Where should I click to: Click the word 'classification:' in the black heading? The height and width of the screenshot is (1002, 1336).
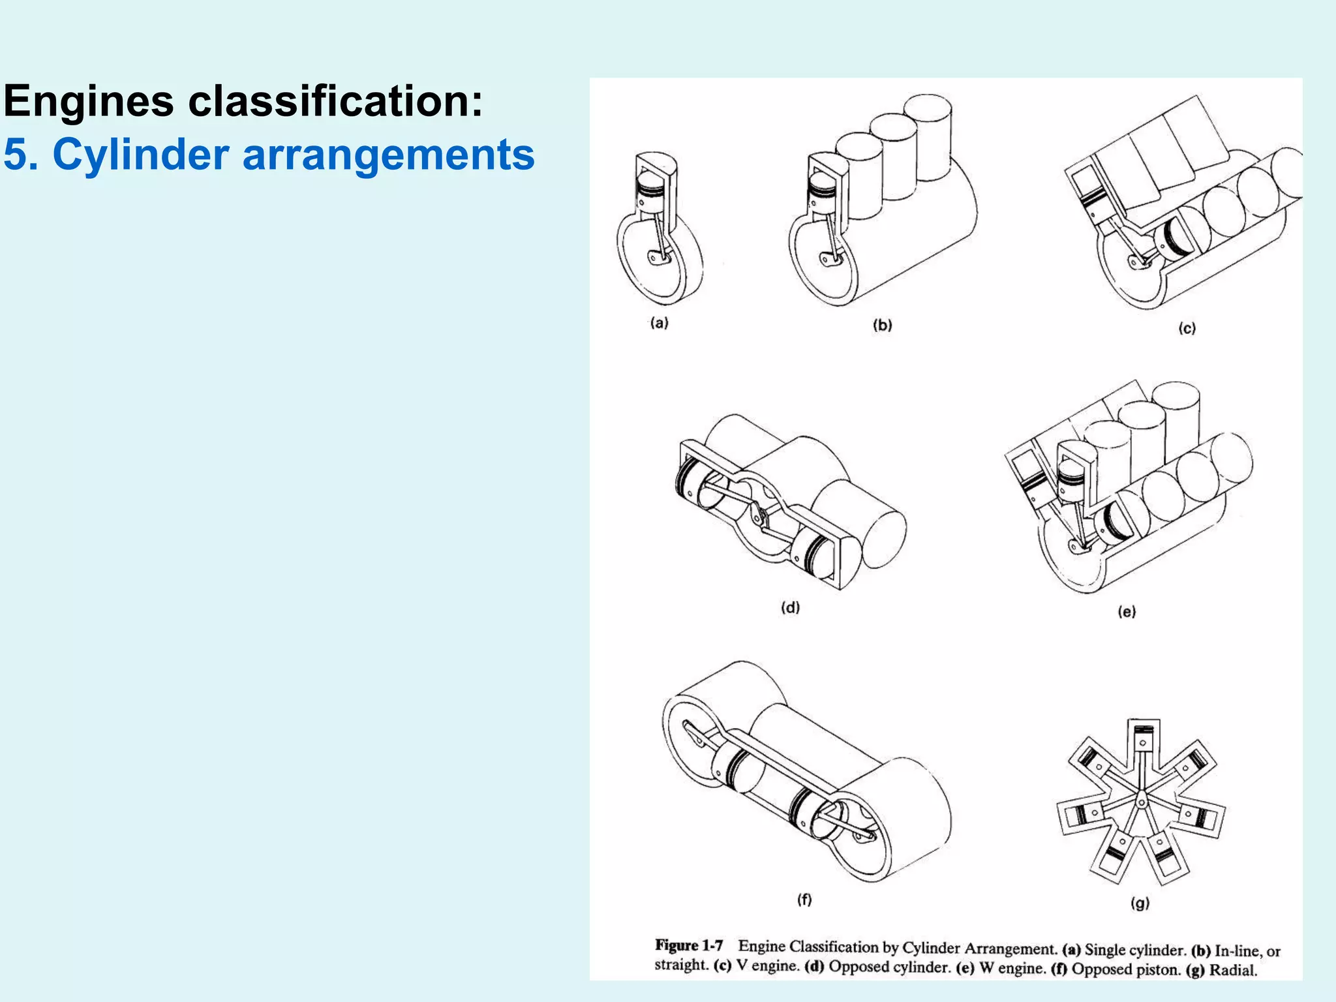click(x=335, y=101)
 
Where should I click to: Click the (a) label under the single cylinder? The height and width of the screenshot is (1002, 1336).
click(x=659, y=322)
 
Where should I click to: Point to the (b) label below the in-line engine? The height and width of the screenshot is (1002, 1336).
click(x=882, y=325)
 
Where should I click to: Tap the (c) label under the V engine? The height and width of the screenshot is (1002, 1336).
click(x=1187, y=328)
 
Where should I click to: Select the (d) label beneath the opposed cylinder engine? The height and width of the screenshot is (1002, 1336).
click(x=790, y=607)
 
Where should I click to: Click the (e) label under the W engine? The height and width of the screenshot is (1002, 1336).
click(x=1127, y=611)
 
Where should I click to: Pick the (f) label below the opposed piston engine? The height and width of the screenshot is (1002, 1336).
click(x=804, y=900)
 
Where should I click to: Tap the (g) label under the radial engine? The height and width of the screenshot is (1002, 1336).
click(x=1140, y=903)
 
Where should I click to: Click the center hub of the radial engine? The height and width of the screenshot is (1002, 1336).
click(x=1141, y=801)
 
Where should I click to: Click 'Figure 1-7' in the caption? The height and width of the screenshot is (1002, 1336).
click(x=689, y=945)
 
